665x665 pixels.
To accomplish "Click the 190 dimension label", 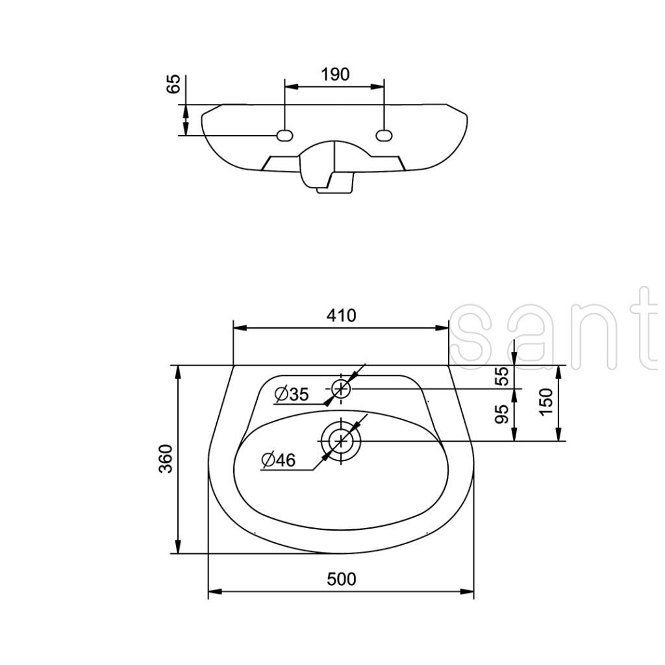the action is coord(335,74).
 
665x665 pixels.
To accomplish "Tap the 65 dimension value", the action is coord(173,84).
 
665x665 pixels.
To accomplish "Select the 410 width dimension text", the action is coord(342,316).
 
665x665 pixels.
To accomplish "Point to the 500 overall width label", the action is coord(342,579).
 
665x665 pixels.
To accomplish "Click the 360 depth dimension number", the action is coord(166,458).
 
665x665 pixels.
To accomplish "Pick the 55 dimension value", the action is coord(502,376).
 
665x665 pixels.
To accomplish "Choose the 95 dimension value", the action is coord(502,414).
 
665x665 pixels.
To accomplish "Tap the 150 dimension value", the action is coord(547,402).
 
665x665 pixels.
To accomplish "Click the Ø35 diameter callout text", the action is coord(292,394).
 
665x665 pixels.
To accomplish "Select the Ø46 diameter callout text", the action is coord(279,460).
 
